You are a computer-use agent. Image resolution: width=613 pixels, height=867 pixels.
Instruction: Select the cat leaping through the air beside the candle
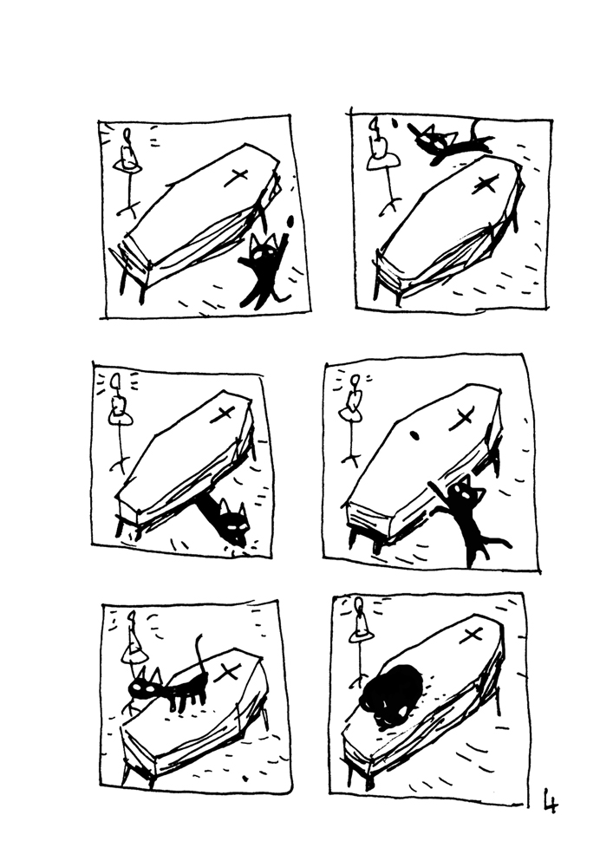[x=447, y=143]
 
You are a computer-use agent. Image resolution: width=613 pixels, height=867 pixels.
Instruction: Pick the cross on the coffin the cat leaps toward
[x=486, y=184]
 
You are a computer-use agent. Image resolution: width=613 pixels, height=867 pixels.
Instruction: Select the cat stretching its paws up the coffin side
[x=468, y=520]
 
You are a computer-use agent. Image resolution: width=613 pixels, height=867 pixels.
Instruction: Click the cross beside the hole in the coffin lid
[x=462, y=418]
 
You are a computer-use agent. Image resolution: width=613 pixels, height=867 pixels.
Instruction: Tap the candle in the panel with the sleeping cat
[x=358, y=626]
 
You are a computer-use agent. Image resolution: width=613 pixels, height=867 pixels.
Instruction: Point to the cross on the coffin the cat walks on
[x=230, y=670]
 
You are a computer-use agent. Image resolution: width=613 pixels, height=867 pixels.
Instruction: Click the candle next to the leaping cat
[x=378, y=143]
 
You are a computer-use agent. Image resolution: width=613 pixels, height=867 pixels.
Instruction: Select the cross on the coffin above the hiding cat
[x=222, y=413]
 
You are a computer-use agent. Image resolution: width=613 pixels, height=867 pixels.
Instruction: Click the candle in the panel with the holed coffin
[x=354, y=401]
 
